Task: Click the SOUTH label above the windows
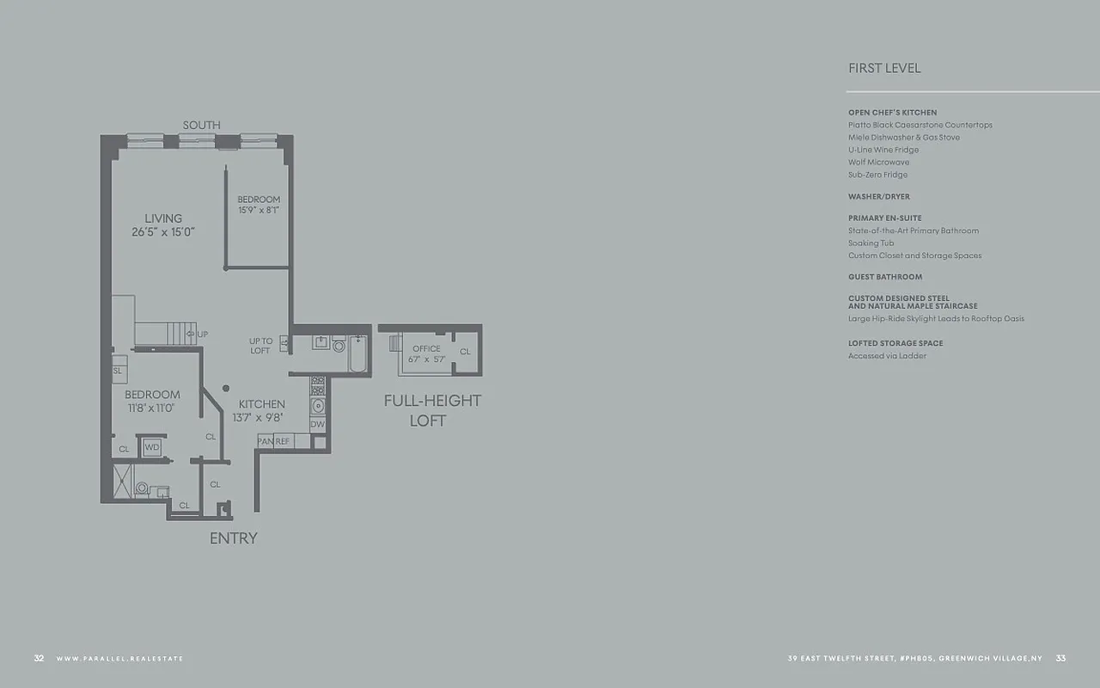[x=201, y=126]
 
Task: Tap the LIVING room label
[x=162, y=218]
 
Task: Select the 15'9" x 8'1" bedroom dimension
[x=259, y=210]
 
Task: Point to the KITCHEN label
[x=261, y=404]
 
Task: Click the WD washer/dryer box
[x=152, y=447]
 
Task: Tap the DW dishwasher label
[x=317, y=424]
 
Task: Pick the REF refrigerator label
[x=282, y=441]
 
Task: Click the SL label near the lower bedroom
[x=118, y=371]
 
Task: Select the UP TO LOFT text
[x=260, y=346]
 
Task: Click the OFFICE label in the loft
[x=426, y=348]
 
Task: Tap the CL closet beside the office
[x=465, y=352]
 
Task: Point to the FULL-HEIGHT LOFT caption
[x=431, y=410]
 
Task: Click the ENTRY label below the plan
[x=233, y=538]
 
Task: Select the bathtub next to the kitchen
[x=357, y=353]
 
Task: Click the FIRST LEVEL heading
[x=884, y=68]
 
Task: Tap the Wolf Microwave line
[x=878, y=162]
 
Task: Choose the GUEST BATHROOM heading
[x=885, y=277]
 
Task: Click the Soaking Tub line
[x=871, y=243]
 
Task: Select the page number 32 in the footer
[x=39, y=659]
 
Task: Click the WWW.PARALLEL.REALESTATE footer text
[x=119, y=659]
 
